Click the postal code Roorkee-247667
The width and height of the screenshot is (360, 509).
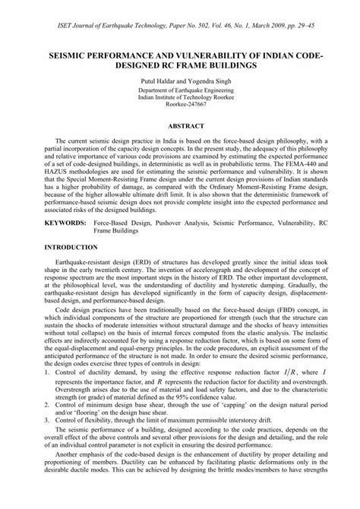[x=180, y=106]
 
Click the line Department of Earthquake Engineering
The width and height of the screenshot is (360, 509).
[x=180, y=88]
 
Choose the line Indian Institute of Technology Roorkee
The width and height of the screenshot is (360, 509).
[x=180, y=96]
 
